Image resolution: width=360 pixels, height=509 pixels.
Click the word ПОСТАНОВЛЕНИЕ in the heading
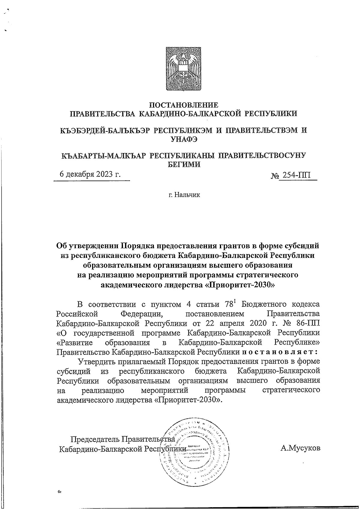[184, 105]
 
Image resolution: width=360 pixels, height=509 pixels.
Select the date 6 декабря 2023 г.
[90, 174]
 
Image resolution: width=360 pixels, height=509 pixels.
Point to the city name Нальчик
[184, 195]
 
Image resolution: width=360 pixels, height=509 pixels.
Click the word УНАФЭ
[184, 139]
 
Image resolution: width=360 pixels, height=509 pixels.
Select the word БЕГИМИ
[184, 164]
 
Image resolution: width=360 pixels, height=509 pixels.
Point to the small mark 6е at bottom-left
[60, 492]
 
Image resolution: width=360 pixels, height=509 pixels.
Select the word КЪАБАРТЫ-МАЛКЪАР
[103, 156]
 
